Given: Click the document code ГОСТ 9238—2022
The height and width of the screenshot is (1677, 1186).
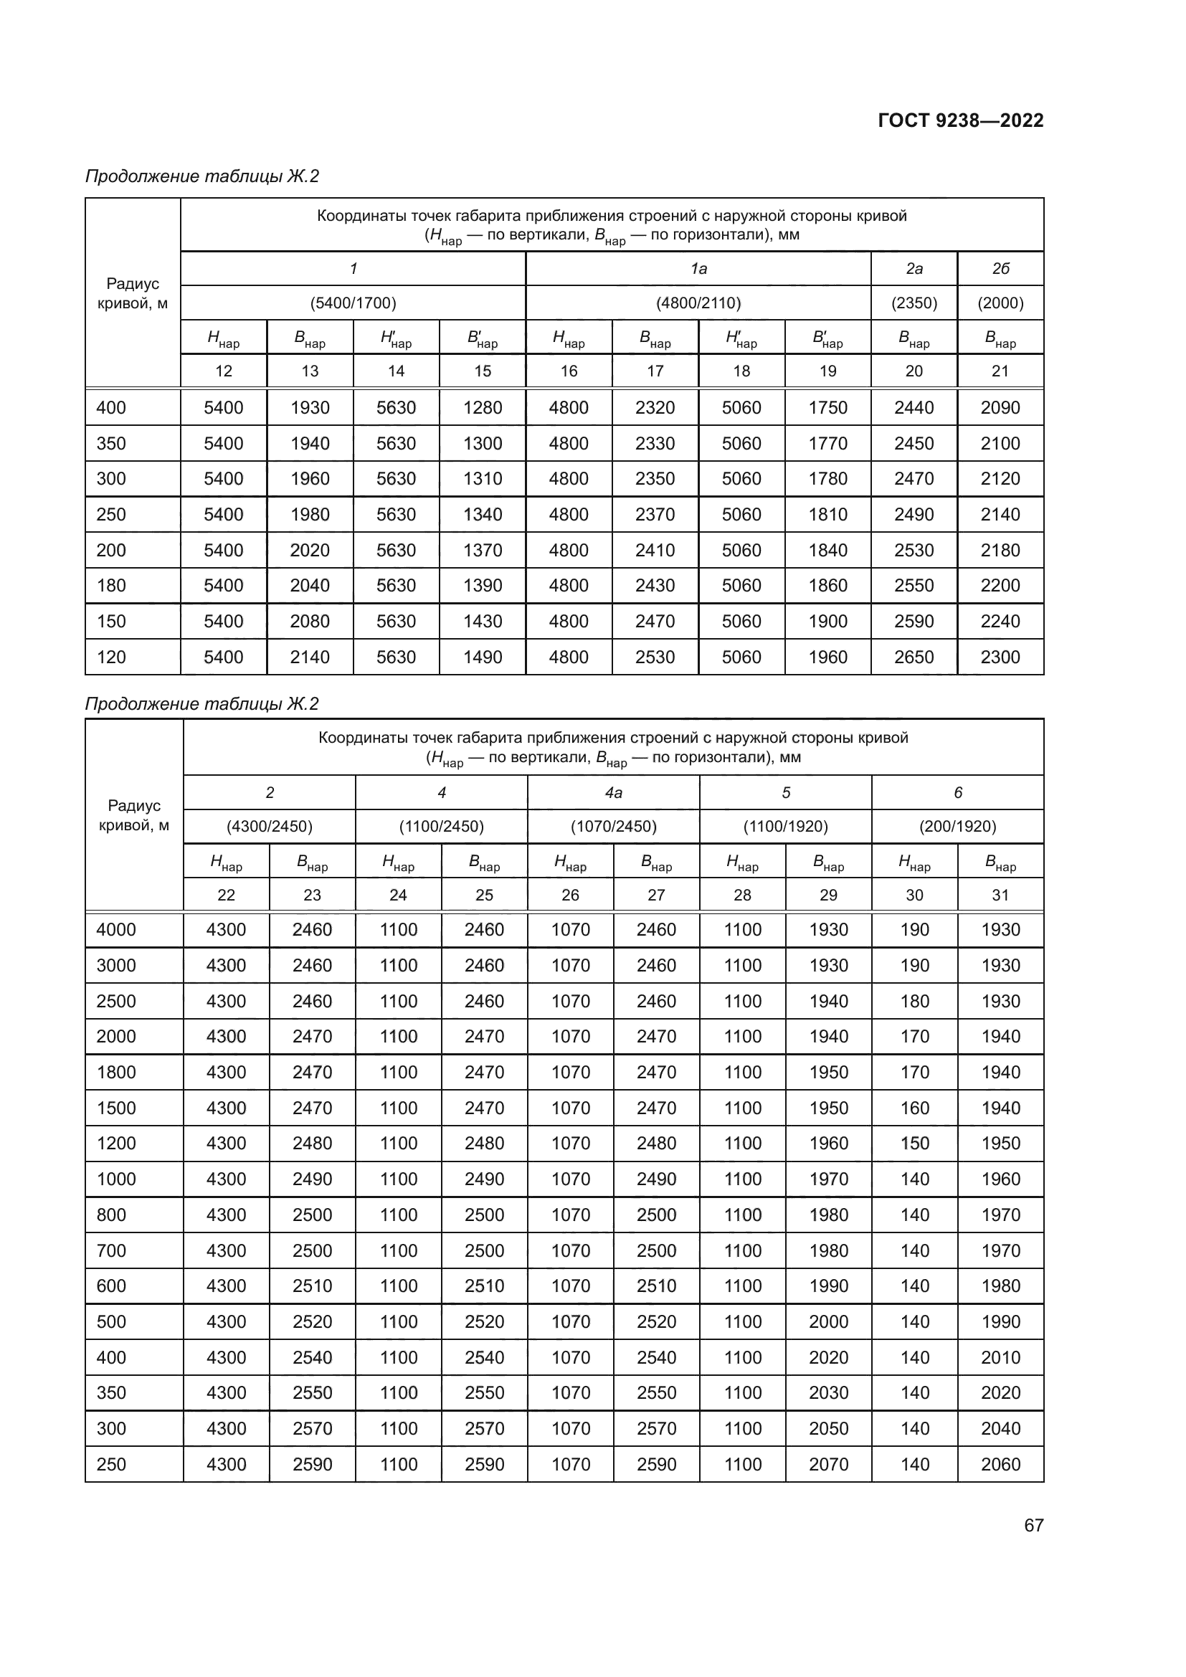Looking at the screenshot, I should tap(960, 120).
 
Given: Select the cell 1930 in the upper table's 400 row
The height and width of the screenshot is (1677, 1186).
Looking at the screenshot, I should tap(310, 407).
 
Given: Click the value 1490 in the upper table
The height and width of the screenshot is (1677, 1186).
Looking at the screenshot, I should tap(482, 657).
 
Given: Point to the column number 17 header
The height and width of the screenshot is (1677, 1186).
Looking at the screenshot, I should tap(655, 371).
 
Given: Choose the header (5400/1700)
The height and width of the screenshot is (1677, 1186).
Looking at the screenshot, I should tap(353, 303).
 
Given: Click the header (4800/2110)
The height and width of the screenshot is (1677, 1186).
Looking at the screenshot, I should tap(698, 303).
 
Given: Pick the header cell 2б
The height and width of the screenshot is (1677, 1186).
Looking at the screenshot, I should tap(1000, 269).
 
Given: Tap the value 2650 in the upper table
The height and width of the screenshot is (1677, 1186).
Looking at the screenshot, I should tap(914, 657).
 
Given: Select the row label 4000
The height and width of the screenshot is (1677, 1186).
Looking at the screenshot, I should tap(116, 930).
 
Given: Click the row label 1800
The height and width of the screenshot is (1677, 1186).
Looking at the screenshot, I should tap(116, 1072).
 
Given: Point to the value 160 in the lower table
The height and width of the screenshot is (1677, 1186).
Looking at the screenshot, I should tap(914, 1108).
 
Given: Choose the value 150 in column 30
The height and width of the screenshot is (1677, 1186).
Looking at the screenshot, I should tap(914, 1143).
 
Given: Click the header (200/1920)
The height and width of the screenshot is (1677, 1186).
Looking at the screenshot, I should tap(957, 827).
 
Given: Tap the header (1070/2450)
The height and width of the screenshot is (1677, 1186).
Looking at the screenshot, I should tap(614, 827).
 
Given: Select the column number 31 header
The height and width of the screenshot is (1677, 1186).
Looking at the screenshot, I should tap(1000, 895).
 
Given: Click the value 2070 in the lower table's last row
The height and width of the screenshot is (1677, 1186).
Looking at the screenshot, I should tap(828, 1465).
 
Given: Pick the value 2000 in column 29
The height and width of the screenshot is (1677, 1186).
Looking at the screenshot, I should tap(828, 1322).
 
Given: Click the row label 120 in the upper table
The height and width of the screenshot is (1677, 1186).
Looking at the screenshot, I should tap(111, 657).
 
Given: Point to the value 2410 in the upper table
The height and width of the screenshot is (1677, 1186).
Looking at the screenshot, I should tap(655, 550).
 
